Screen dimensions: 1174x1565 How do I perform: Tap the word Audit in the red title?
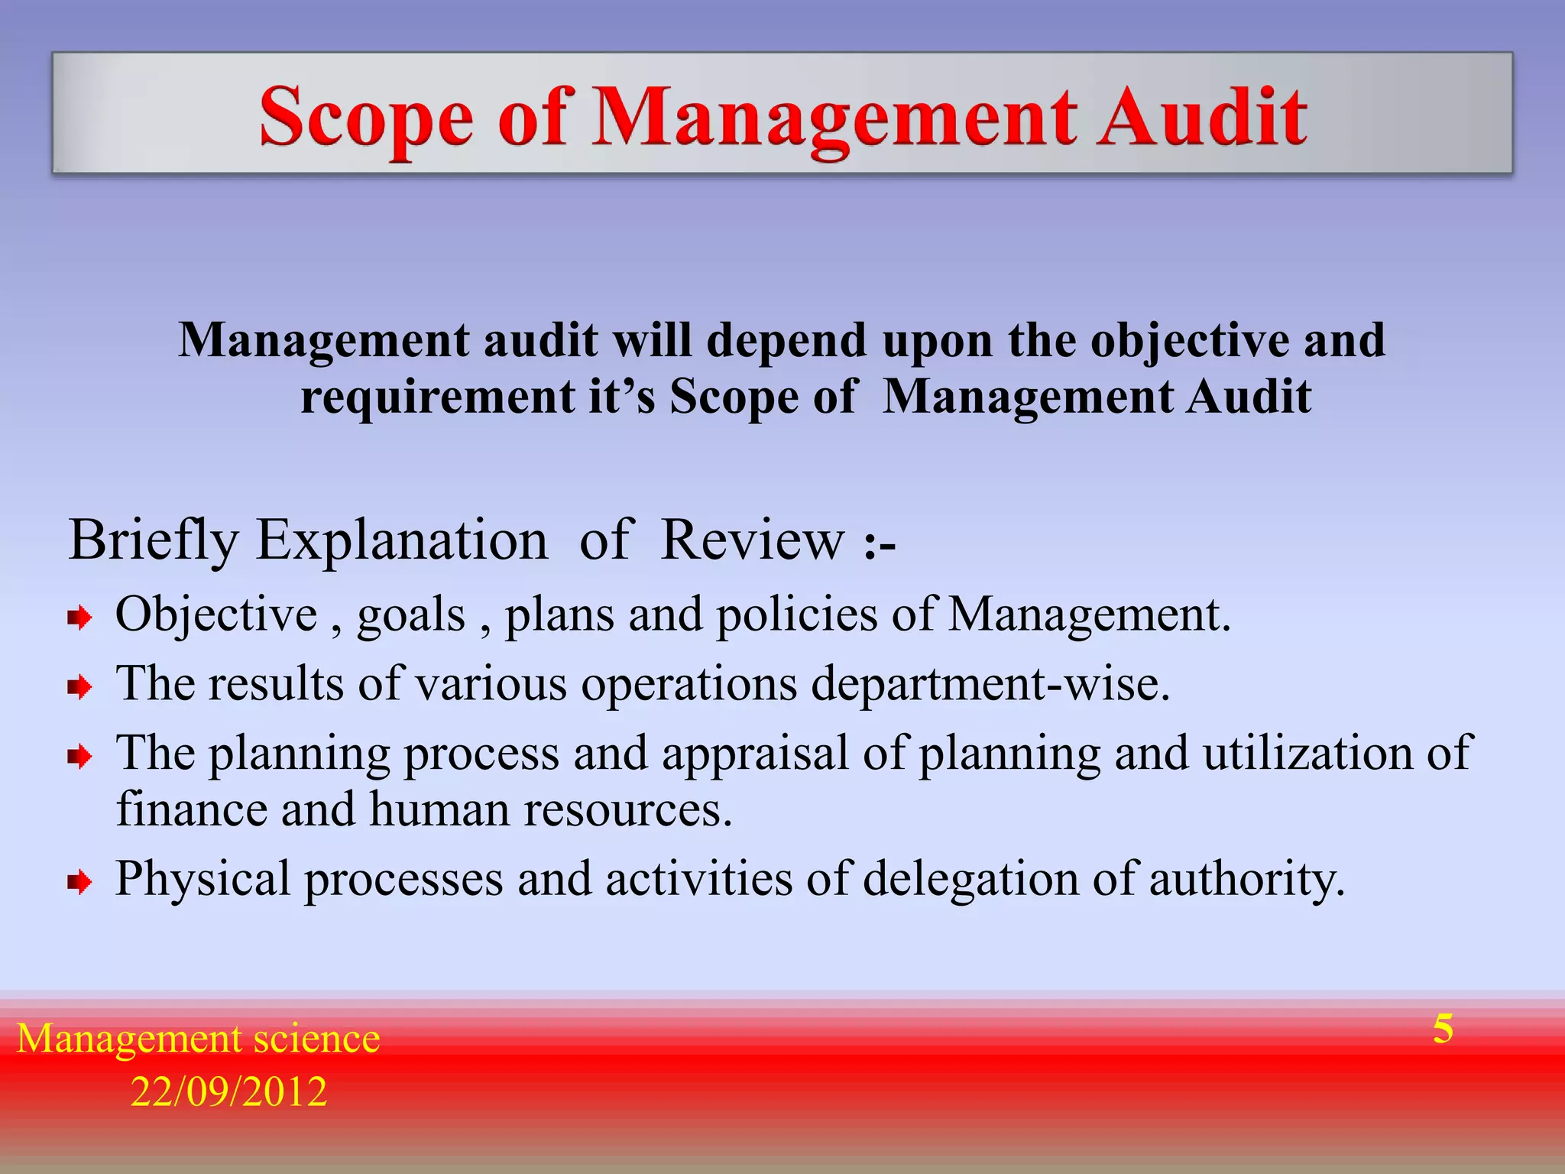1202,116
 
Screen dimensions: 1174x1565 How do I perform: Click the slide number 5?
1443,1029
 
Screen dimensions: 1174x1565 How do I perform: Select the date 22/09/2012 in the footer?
228,1091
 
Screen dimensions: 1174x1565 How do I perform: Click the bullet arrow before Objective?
79,617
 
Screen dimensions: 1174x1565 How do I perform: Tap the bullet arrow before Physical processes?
79,883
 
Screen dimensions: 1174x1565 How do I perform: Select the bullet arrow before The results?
79,686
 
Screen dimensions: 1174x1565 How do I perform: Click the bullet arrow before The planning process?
79,757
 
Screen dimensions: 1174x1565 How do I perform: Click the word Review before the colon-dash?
753,540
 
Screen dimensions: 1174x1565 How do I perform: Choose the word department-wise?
990,683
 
